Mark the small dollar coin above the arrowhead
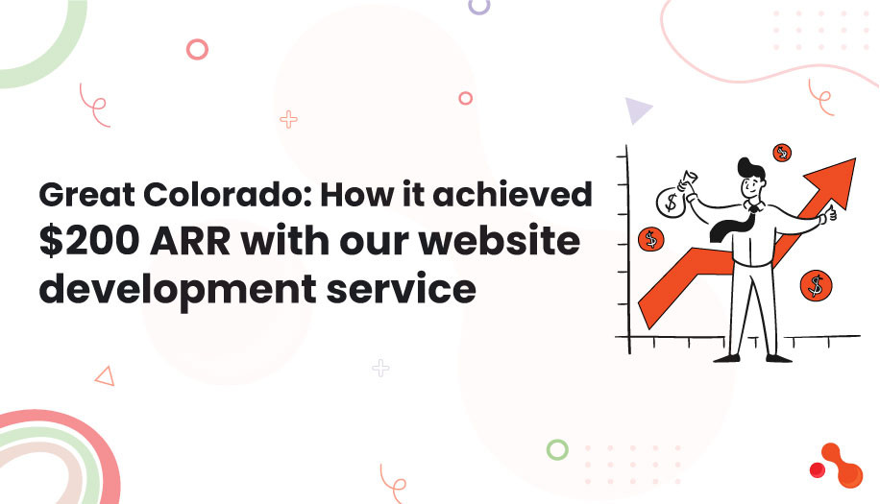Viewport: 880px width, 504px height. coord(781,153)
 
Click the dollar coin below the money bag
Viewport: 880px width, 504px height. coord(651,237)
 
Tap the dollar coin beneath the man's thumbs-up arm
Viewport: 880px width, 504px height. coord(816,284)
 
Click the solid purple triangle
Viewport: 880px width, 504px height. coord(637,111)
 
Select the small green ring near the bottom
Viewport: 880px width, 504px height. coord(556,448)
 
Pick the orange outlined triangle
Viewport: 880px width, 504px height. coord(105,375)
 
